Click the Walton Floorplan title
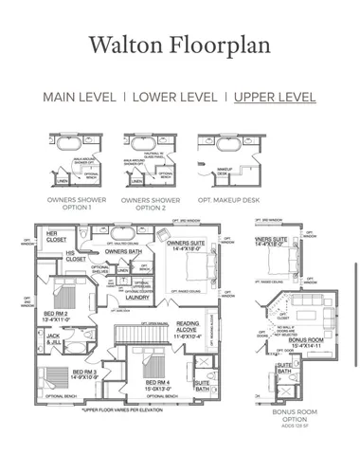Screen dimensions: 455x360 (x=179, y=45)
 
